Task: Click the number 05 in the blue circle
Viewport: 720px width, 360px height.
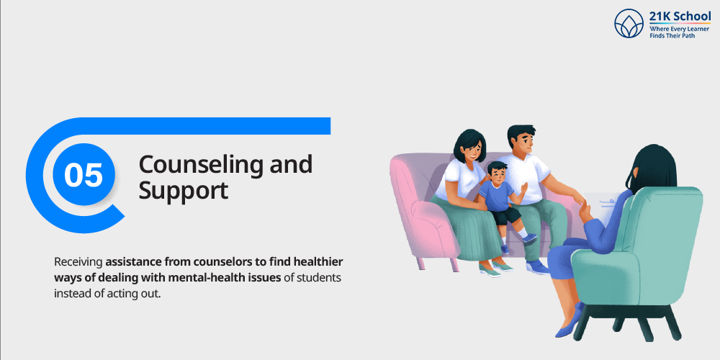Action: [83, 175]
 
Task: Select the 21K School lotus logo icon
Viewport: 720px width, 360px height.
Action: [629, 23]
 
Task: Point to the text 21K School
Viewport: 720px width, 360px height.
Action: [680, 17]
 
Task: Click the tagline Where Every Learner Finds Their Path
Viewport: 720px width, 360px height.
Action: [679, 32]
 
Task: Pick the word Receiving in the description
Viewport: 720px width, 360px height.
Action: [78, 263]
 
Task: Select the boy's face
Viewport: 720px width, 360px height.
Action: [498, 174]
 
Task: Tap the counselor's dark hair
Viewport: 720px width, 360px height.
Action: [652, 168]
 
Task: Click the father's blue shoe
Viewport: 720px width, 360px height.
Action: [538, 267]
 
